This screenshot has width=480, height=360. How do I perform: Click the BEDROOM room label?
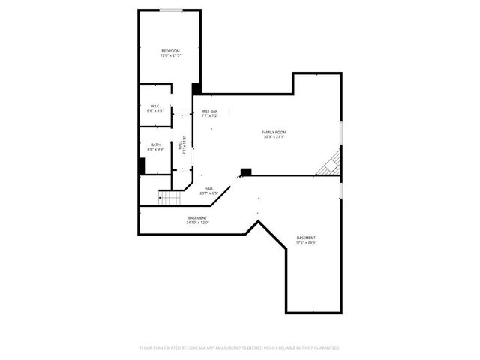[x=170, y=51]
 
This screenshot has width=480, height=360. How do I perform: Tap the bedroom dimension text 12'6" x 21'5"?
[x=170, y=55]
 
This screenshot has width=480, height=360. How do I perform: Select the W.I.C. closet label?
[x=155, y=106]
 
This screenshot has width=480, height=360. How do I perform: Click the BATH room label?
[x=155, y=145]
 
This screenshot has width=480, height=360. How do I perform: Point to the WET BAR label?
[x=209, y=112]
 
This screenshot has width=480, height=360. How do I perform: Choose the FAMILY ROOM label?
[x=274, y=132]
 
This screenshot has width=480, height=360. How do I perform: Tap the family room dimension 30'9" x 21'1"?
[x=274, y=136]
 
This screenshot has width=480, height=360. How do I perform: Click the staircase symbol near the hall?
[x=170, y=198]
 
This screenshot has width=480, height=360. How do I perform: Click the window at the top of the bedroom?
[x=170, y=10]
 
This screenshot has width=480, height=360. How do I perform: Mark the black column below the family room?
[x=245, y=172]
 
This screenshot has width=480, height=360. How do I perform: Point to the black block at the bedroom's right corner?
[x=196, y=88]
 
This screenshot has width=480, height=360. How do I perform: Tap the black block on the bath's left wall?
[x=141, y=166]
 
